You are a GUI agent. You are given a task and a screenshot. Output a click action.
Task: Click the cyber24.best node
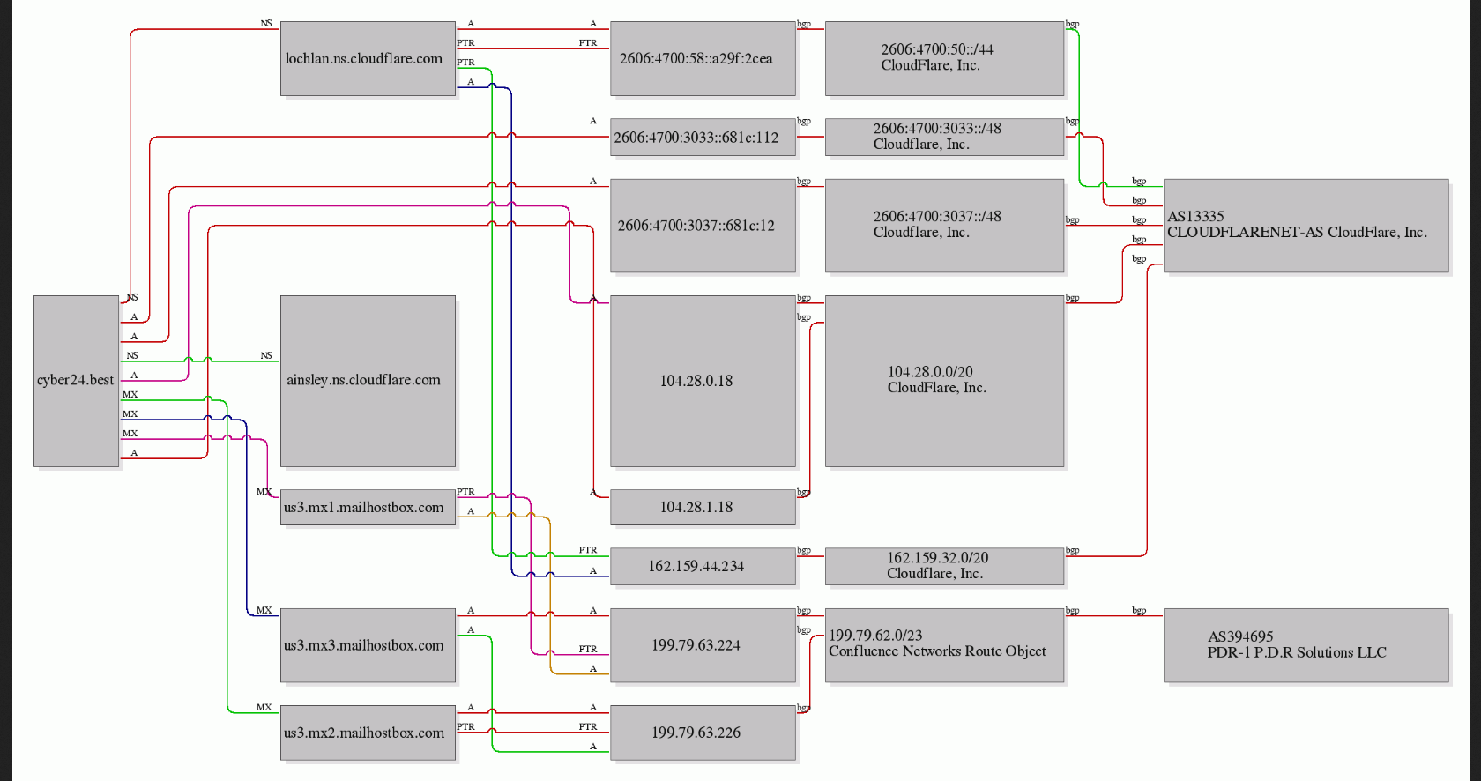point(76,381)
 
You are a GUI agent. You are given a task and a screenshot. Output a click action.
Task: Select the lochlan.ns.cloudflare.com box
point(368,59)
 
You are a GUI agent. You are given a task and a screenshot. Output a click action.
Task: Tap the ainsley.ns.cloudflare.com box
point(368,381)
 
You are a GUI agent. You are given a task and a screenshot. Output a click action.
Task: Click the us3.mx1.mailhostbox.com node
point(368,508)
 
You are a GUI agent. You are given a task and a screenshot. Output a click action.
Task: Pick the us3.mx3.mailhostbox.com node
point(368,645)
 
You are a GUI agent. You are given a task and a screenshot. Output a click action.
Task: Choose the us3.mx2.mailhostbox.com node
point(368,733)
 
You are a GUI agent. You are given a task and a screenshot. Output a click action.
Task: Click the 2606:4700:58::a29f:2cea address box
point(703,59)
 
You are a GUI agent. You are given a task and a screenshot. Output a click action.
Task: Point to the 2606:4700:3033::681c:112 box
point(703,138)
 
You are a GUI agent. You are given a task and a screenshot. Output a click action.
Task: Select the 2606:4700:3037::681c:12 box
point(703,226)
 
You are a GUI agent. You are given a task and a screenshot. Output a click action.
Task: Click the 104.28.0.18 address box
point(703,381)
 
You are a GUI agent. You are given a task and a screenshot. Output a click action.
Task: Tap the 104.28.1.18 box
point(703,508)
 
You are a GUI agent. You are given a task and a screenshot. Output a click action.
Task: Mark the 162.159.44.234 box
point(703,566)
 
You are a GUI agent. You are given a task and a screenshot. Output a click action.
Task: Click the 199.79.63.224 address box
point(703,645)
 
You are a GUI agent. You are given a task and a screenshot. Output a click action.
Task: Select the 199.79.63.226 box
point(703,733)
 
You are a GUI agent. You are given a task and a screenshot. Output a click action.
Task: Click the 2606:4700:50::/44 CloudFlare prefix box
point(944,59)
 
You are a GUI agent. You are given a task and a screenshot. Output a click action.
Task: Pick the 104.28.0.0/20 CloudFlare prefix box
point(944,381)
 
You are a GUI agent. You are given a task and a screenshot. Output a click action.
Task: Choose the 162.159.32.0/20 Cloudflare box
point(944,566)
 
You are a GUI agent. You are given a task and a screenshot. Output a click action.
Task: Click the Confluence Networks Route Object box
point(944,645)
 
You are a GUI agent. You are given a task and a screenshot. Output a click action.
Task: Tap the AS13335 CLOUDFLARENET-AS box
point(1306,226)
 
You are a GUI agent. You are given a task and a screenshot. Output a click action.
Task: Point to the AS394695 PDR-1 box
point(1306,645)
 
